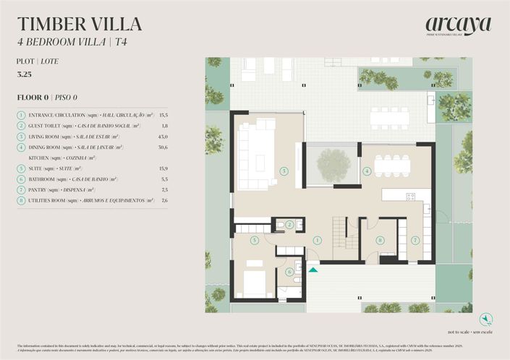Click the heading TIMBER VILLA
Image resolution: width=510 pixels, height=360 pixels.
pyautogui.click(x=80, y=24)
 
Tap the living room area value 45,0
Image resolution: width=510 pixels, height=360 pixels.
pyautogui.click(x=163, y=137)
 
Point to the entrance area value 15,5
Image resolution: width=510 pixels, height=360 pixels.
pyautogui.click(x=163, y=115)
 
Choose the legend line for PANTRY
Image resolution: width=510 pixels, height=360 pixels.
pyautogui.click(x=87, y=189)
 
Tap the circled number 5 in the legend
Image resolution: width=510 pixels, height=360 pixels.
pyautogui.click(x=22, y=168)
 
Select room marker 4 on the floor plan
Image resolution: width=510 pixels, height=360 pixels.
pyautogui.click(x=367, y=171)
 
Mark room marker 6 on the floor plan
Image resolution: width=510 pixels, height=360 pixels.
pyautogui.click(x=289, y=272)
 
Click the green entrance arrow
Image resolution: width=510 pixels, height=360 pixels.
pyautogui.click(x=313, y=269)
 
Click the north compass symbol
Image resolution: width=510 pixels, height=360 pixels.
pyautogui.click(x=486, y=318)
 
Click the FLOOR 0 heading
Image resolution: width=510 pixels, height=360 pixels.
pyautogui.click(x=47, y=97)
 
